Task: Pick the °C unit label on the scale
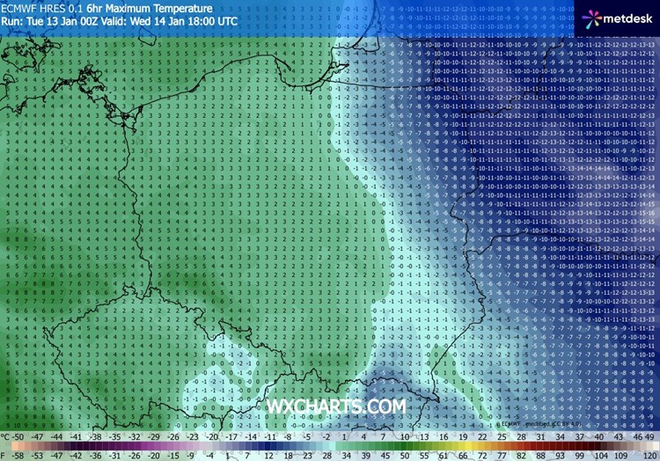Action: pyautogui.click(x=6, y=435)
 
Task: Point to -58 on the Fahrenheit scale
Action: pyautogui.click(x=20, y=456)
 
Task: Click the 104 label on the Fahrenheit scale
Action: pyautogui.click(x=599, y=456)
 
